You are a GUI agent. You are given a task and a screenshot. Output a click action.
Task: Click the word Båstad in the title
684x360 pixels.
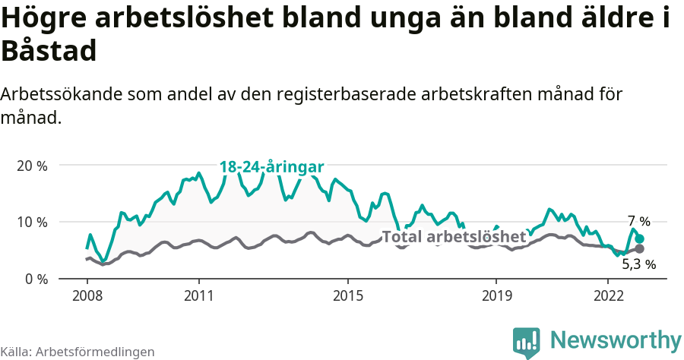pos(49,52)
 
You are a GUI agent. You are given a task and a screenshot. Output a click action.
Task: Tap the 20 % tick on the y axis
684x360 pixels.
pos(32,166)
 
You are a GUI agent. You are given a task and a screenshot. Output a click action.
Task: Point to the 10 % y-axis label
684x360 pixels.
pos(32,222)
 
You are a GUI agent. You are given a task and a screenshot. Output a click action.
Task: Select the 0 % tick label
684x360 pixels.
pos(36,279)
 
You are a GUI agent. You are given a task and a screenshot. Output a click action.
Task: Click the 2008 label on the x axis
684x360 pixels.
pos(87,295)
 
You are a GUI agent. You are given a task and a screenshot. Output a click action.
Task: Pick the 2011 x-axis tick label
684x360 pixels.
pos(198,295)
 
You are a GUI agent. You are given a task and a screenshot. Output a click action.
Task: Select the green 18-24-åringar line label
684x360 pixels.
pos(272,167)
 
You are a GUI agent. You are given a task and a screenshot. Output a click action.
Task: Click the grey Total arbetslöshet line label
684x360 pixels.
pos(454,237)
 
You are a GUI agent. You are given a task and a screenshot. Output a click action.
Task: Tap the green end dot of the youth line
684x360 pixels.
pos(640,238)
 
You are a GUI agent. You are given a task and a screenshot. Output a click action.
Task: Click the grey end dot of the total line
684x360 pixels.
pos(640,248)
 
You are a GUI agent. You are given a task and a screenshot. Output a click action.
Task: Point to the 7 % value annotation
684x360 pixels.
pos(638,222)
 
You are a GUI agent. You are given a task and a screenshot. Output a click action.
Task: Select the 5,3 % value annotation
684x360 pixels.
pos(638,264)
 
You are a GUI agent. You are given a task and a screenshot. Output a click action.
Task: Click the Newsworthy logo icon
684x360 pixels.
pos(527,342)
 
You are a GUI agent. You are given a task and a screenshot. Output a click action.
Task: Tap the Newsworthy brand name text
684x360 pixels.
pos(616,339)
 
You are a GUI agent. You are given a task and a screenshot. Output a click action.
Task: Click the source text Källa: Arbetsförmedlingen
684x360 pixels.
pos(78,352)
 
